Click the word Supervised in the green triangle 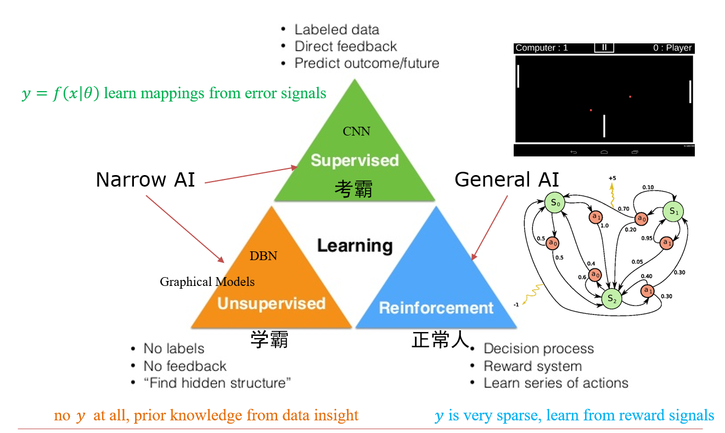coord(354,160)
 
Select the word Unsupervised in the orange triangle coord(271,303)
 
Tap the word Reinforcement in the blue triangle coord(436,308)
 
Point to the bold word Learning coord(355,245)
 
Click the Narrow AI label coord(145,179)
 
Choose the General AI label coord(507,179)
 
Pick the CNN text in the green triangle coord(356,131)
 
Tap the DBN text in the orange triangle coord(263,256)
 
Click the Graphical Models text coord(207,282)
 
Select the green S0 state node coord(555,203)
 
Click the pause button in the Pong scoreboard coord(604,48)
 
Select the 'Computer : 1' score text coord(542,48)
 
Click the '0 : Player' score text coord(672,48)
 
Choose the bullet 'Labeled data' coord(336,30)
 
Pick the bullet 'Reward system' coord(532,366)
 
